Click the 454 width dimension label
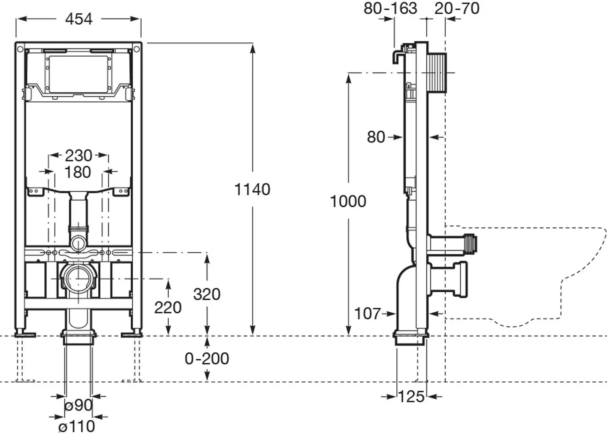pyautogui.click(x=78, y=19)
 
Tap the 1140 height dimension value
pyautogui.click(x=252, y=189)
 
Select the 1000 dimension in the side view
pyautogui.click(x=348, y=201)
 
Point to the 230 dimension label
pyautogui.click(x=78, y=155)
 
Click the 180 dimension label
pyautogui.click(x=78, y=172)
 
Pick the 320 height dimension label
pyautogui.click(x=207, y=294)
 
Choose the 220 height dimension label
pyautogui.click(x=168, y=308)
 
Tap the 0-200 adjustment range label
pyautogui.click(x=207, y=358)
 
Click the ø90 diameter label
pyautogui.click(x=78, y=405)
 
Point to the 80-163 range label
pyautogui.click(x=390, y=8)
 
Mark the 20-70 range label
pyautogui.click(x=457, y=8)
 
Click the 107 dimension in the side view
pyautogui.click(x=367, y=313)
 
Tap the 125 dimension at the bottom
pyautogui.click(x=411, y=397)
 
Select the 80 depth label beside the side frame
pyautogui.click(x=376, y=137)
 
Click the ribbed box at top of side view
pyautogui.click(x=437, y=73)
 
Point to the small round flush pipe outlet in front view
pyautogui.click(x=78, y=243)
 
